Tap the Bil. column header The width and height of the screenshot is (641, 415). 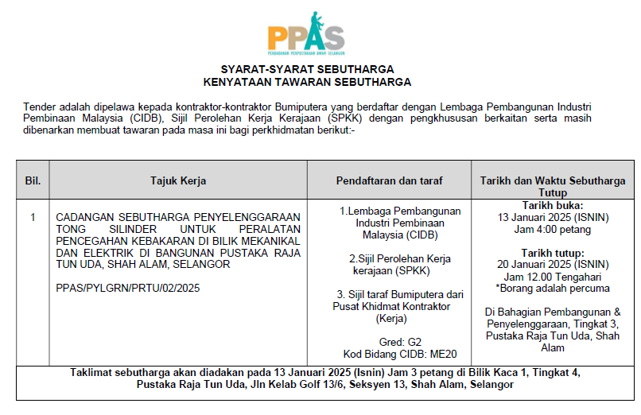pyautogui.click(x=33, y=180)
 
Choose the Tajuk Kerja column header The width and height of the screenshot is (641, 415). pyautogui.click(x=178, y=180)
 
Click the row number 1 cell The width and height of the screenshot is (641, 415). pyautogui.click(x=33, y=217)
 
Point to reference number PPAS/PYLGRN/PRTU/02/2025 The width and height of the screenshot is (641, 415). pyautogui.click(x=128, y=287)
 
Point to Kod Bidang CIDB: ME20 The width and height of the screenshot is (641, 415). pyautogui.click(x=401, y=354)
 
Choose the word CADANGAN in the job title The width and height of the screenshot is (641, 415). pyautogui.click(x=84, y=217)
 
